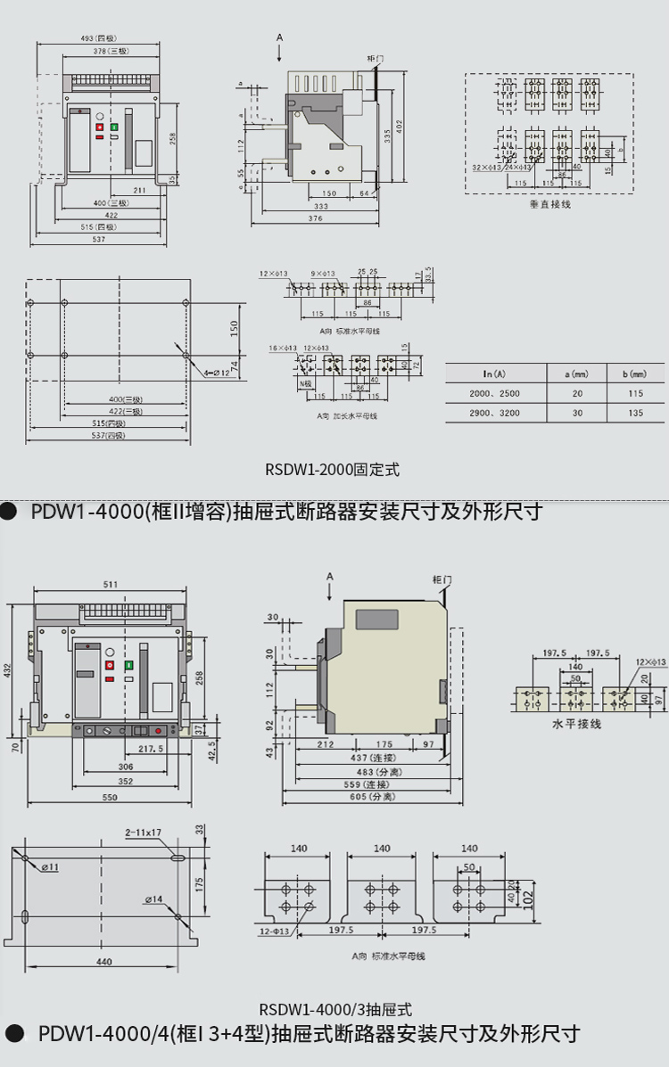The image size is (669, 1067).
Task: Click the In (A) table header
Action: [x=494, y=373]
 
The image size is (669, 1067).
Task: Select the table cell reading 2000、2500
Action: [x=494, y=393]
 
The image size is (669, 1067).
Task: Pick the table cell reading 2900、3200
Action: [x=494, y=414]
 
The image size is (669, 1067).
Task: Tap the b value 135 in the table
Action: [x=635, y=414]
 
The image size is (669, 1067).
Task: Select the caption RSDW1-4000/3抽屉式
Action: [x=334, y=1010]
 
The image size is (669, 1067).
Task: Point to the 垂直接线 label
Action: [x=549, y=204]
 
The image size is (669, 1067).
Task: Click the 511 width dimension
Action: [x=110, y=585]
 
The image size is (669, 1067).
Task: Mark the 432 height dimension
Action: [x=9, y=669]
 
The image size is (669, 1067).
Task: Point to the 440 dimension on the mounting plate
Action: [x=103, y=962]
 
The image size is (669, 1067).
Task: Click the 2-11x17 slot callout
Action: [x=143, y=833]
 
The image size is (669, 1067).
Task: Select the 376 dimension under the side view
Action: [x=317, y=218]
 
